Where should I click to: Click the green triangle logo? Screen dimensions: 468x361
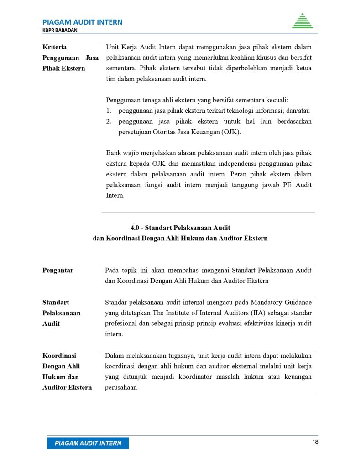303,21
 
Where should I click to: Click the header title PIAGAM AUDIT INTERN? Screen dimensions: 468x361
82,22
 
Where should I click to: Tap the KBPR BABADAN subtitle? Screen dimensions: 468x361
60,30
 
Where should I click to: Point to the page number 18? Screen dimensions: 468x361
315,442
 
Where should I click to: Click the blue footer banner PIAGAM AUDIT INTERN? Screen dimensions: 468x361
88,443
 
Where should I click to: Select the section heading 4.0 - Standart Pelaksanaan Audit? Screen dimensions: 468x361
180,228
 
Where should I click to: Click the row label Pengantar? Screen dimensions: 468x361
58,270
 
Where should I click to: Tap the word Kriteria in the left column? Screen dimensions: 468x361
54,47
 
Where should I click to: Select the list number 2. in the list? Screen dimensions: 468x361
109,122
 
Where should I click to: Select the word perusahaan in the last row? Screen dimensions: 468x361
121,387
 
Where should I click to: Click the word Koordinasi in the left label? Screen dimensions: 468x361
59,356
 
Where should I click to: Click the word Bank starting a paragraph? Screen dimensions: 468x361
114,153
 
